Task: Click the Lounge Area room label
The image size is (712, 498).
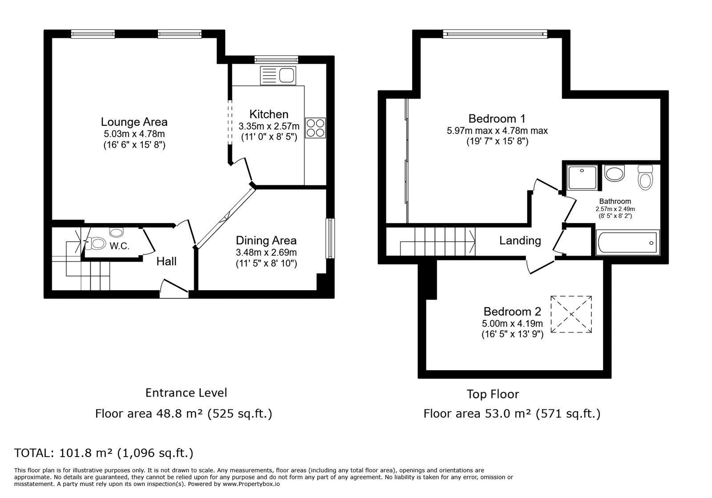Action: coord(134,122)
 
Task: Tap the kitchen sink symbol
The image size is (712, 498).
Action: coord(278,76)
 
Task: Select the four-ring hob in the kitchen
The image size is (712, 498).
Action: coord(316,127)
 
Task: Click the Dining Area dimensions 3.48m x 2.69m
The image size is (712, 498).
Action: coord(266,252)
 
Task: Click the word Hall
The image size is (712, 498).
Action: coord(166,261)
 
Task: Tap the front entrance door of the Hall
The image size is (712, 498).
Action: coord(174,288)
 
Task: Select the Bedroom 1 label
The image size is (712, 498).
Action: coord(497,119)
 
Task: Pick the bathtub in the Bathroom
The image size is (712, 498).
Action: coord(627,243)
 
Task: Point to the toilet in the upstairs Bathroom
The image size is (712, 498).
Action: coord(645,177)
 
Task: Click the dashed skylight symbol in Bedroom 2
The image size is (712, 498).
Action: coord(571,314)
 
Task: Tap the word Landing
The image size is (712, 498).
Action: coord(520,241)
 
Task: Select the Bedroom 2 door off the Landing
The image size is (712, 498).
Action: coord(539,266)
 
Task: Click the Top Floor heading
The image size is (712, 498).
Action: coord(493,394)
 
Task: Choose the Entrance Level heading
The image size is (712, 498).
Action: coord(186,393)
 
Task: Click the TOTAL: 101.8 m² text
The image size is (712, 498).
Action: coord(104,453)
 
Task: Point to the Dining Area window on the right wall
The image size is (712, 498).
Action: coord(330,239)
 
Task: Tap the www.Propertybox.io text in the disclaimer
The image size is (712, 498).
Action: coord(251,484)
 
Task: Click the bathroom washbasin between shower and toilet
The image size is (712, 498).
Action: coord(615,173)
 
